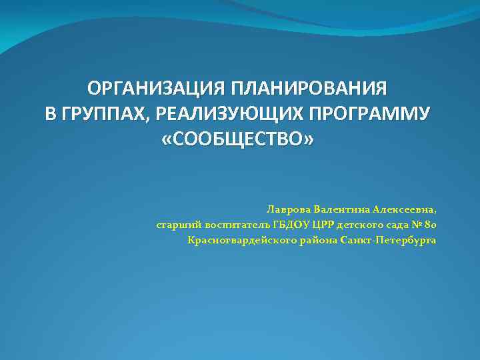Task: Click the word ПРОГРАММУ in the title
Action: click(x=370, y=115)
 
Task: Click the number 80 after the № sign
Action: click(x=429, y=225)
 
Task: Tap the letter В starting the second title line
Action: click(x=50, y=115)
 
